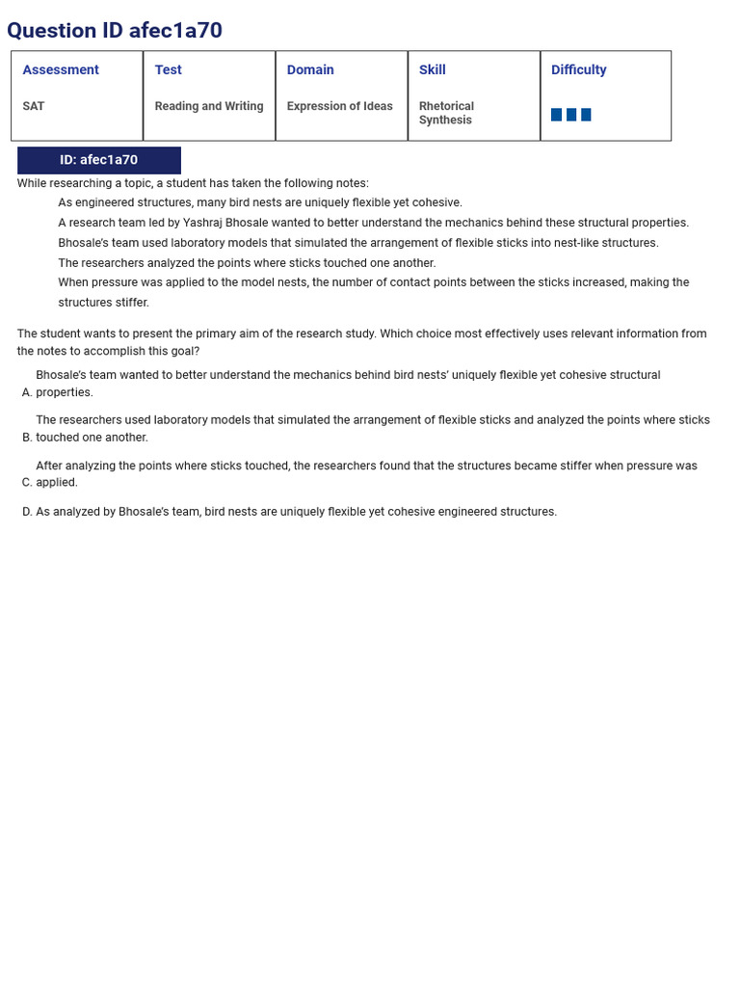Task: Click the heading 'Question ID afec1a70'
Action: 115,31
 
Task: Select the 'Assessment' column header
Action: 61,70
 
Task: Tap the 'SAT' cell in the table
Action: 34,106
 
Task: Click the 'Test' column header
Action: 168,70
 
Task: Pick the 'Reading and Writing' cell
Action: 209,106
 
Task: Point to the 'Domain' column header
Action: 310,70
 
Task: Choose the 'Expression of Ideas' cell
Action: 339,106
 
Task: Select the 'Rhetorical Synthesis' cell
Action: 446,113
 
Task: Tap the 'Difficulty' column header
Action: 578,70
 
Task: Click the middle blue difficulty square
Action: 571,115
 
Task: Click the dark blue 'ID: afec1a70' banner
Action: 98,160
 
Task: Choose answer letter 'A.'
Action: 27,392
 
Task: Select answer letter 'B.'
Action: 27,438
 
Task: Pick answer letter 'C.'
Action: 27,483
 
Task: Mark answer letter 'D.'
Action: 27,512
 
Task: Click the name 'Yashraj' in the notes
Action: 203,223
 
